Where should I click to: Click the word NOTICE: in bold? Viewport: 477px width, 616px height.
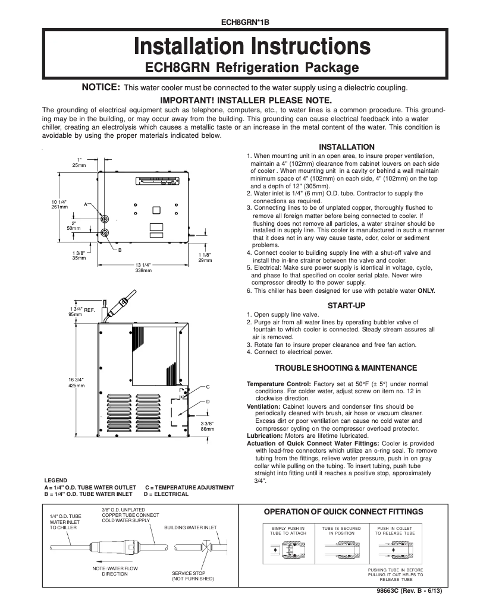click(x=101, y=88)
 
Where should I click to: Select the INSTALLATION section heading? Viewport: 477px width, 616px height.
click(x=347, y=147)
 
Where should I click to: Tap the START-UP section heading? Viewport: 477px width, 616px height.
click(x=347, y=305)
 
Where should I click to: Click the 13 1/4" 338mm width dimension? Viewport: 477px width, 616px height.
click(x=143, y=267)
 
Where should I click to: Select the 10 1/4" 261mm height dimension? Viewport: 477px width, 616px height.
click(x=59, y=204)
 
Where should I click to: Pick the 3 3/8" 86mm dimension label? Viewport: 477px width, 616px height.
click(x=208, y=425)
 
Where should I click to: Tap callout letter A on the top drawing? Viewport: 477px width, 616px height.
click(x=86, y=204)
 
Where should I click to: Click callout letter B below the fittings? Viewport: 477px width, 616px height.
click(x=119, y=250)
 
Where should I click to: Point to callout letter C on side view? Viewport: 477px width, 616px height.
click(x=208, y=387)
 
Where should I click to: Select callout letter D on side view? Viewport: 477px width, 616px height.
click(x=208, y=402)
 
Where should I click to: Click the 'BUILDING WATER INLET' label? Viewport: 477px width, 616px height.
click(x=190, y=527)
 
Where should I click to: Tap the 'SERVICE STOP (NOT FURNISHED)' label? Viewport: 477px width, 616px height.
click(x=193, y=576)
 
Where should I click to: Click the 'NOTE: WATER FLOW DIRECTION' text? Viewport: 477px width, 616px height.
click(x=115, y=571)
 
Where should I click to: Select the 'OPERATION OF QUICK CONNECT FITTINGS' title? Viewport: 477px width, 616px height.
click(x=343, y=511)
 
